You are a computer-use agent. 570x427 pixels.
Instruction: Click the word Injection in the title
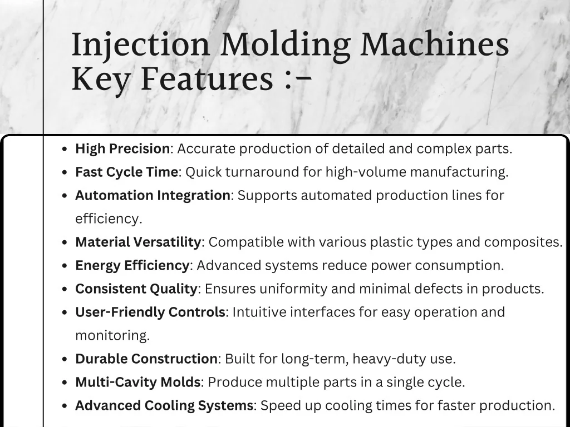point(141,46)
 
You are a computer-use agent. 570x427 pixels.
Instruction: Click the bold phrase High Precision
point(122,149)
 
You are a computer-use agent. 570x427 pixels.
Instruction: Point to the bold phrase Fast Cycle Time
point(126,172)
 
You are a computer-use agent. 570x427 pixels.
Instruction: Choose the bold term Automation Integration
point(153,196)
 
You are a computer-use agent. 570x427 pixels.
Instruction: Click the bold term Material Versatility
point(138,242)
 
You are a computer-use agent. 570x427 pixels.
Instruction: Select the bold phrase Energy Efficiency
point(132,266)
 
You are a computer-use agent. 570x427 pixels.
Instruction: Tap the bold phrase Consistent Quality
point(136,289)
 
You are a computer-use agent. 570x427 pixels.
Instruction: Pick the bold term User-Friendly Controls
point(150,312)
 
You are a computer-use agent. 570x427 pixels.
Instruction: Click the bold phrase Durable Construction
point(146,359)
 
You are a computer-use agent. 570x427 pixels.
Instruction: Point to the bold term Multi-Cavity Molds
point(138,383)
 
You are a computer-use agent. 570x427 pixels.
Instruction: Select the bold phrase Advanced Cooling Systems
point(164,406)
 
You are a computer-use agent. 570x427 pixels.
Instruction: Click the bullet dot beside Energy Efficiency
point(65,266)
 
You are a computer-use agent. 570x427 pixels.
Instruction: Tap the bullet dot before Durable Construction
point(65,360)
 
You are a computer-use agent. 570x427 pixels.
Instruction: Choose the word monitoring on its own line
point(112,336)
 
